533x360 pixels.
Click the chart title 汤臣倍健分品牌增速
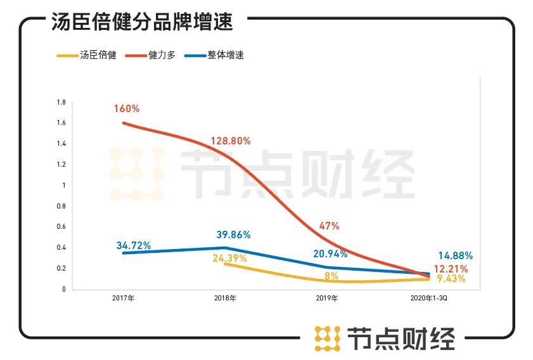(x=142, y=22)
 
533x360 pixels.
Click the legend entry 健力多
(x=162, y=56)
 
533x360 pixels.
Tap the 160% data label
(x=127, y=108)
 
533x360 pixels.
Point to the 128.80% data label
(x=229, y=141)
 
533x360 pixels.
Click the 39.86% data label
(x=233, y=235)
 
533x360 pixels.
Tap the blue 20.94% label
(x=330, y=254)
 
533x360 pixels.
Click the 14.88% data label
(x=455, y=256)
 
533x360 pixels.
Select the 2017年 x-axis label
(x=124, y=298)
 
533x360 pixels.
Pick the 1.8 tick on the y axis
(x=61, y=102)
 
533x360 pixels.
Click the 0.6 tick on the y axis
(x=61, y=226)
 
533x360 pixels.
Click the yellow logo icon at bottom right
(x=328, y=339)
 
